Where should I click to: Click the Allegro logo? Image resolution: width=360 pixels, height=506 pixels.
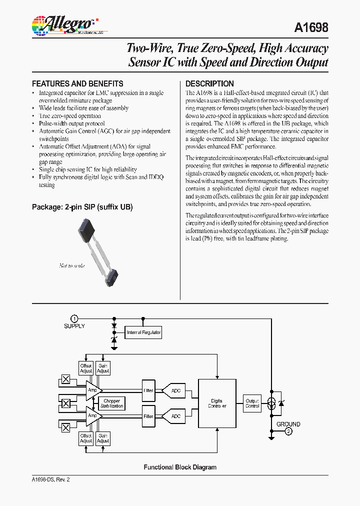(x=62, y=24)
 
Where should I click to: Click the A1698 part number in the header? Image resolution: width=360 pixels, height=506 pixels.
(x=311, y=27)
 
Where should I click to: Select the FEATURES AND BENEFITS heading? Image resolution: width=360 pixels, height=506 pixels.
(x=77, y=84)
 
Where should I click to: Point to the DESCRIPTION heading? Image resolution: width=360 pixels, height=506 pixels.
(x=209, y=84)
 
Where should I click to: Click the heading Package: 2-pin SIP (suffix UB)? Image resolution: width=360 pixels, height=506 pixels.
(x=82, y=207)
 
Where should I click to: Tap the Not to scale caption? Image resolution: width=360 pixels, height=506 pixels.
(x=72, y=265)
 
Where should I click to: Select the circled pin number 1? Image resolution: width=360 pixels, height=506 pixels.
(x=74, y=318)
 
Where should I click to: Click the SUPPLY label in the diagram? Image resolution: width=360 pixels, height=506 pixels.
(x=74, y=326)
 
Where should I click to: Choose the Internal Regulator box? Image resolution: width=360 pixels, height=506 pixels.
(x=143, y=332)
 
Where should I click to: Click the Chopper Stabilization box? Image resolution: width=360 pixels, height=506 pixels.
(x=111, y=403)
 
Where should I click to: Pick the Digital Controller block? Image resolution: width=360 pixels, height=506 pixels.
(x=217, y=403)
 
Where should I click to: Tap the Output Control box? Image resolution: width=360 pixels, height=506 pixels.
(x=252, y=403)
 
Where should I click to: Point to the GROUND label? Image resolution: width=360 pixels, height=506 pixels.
(x=288, y=424)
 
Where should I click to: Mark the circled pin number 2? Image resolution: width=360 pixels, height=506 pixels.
(x=288, y=432)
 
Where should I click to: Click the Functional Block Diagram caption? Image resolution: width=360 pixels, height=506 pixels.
(x=180, y=467)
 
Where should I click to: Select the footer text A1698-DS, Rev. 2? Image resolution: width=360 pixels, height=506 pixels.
(x=50, y=479)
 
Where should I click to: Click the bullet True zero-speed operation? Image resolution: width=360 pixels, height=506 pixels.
(x=70, y=116)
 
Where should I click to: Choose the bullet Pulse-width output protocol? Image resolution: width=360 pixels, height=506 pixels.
(x=72, y=123)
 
